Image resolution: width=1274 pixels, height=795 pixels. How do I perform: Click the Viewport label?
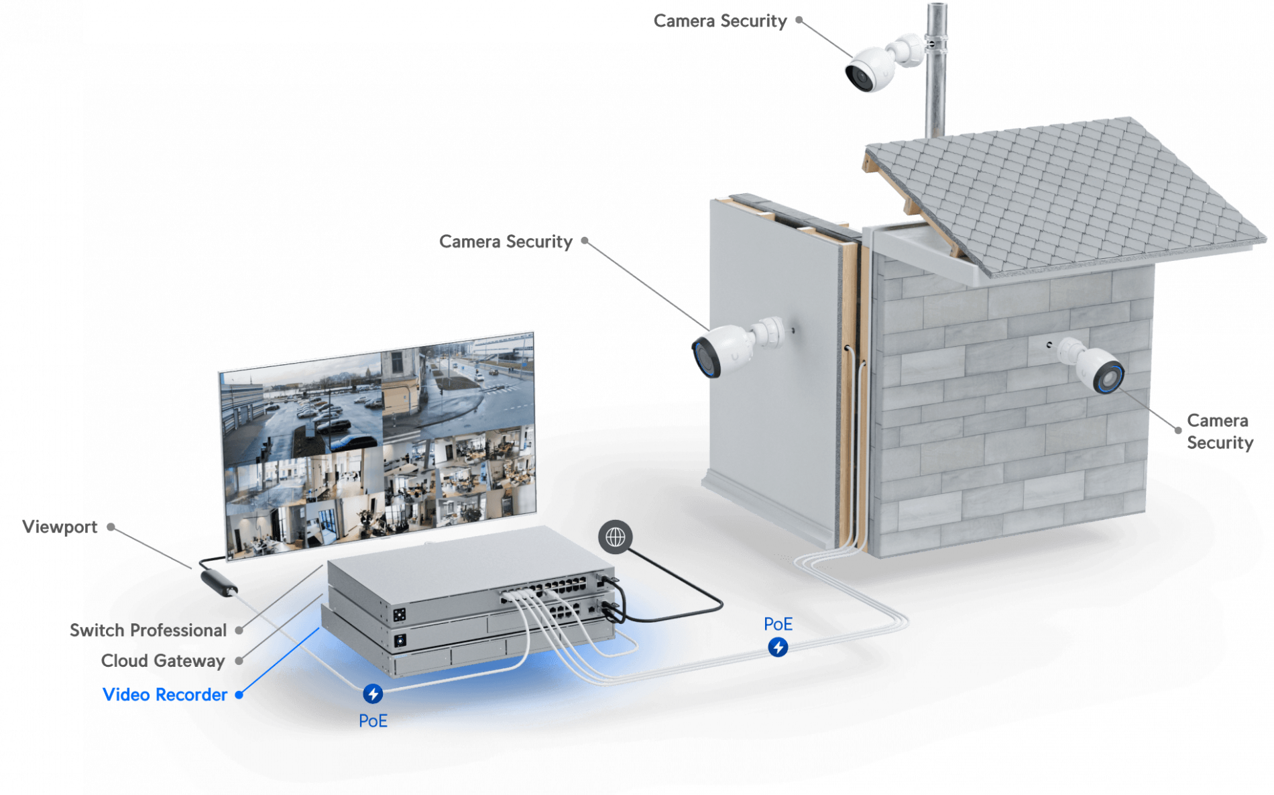[60, 527]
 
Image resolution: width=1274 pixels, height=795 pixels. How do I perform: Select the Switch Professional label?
[148, 630]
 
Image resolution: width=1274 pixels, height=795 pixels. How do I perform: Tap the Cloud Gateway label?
[163, 661]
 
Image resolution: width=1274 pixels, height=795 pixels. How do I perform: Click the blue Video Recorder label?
[165, 694]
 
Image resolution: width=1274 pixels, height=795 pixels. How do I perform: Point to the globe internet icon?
[615, 537]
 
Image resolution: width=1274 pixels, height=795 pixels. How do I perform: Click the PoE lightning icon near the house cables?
[778, 647]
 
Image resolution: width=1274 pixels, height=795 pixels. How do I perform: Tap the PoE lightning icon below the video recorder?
[373, 693]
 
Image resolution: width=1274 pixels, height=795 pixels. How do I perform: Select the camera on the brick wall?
[1090, 365]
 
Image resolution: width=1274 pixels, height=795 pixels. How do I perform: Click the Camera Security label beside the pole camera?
[720, 21]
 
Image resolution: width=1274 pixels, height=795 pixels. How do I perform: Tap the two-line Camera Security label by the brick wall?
[1220, 431]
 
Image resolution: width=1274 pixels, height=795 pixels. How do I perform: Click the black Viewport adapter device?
[219, 582]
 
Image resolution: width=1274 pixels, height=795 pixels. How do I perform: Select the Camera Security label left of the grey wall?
[506, 242]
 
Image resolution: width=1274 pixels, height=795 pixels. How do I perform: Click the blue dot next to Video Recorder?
[239, 695]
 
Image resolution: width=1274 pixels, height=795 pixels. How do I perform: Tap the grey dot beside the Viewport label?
[111, 527]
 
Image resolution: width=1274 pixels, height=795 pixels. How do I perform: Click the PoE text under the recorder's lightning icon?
[373, 721]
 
